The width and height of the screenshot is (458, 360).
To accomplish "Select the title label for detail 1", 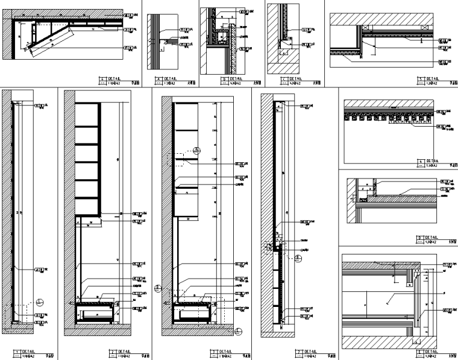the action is pyautogui.click(x=28, y=351).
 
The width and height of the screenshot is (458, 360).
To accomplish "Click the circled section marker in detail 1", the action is pyautogui.click(x=39, y=303).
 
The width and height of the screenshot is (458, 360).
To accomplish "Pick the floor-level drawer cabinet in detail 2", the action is pyautogui.click(x=95, y=314).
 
